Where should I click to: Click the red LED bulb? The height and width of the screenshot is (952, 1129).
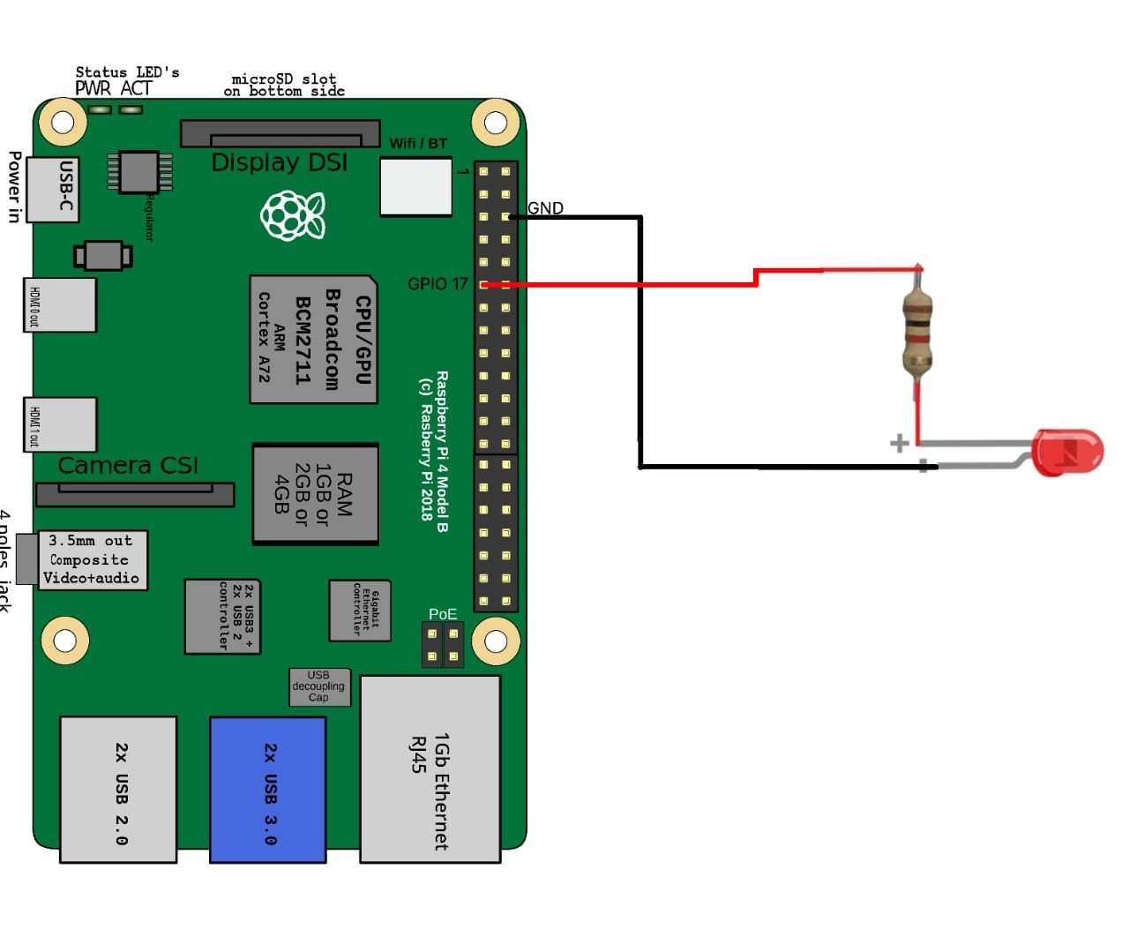coord(1067,453)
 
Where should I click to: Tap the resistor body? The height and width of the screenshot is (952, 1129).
coord(917,334)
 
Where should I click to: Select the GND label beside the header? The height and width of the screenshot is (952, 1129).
coord(545,208)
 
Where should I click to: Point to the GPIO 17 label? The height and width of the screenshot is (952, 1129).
coord(437,284)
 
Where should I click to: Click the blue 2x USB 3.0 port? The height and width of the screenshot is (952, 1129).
coord(268,789)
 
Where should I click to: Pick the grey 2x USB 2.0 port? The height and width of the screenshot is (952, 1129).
coord(118,789)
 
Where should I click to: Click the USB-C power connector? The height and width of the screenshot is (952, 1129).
coord(53,189)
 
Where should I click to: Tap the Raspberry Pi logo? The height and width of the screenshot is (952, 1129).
coord(292,214)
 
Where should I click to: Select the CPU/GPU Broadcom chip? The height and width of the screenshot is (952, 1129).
coord(314,340)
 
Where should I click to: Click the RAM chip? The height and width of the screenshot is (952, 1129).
coord(316,494)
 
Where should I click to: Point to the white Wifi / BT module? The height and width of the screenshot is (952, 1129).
coord(415,186)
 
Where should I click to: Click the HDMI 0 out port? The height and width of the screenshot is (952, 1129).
coord(60,305)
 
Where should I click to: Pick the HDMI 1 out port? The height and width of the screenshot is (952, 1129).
coord(60,424)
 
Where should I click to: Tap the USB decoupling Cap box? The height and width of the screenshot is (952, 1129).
coord(319,686)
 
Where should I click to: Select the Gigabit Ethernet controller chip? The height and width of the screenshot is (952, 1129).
coord(360,610)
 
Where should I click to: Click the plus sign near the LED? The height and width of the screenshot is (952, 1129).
coord(899,443)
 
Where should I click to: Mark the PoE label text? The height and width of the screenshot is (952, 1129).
coord(443,614)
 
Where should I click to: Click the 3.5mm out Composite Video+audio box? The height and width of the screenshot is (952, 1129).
coord(93,559)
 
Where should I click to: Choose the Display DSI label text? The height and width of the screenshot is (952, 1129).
coord(280,163)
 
